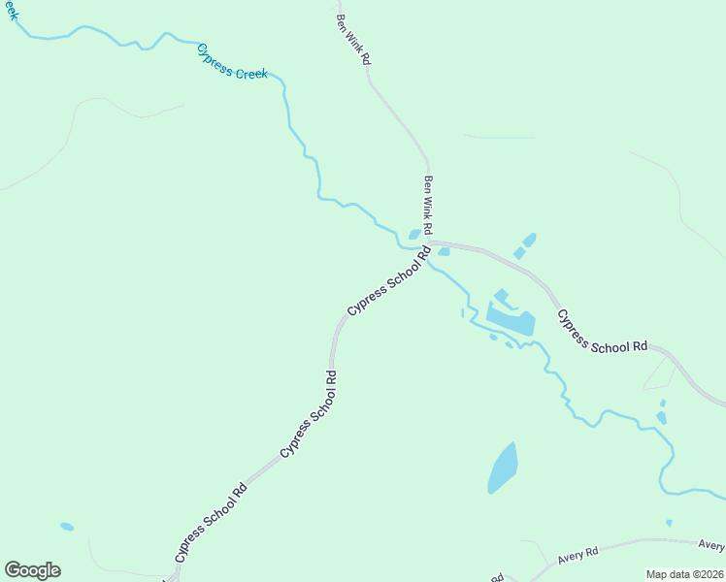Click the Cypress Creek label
(232, 61)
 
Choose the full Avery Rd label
(578, 555)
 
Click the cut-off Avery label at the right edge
(711, 545)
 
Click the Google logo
(32, 570)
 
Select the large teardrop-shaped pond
(503, 467)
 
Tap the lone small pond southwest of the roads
(67, 527)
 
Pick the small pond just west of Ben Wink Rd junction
(414, 234)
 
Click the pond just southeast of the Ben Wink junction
(444, 252)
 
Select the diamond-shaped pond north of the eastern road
(529, 239)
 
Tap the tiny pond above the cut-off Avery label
(669, 523)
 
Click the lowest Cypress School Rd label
(211, 524)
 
